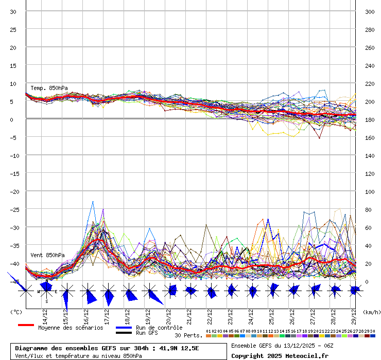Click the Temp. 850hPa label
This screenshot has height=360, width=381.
click(49, 88)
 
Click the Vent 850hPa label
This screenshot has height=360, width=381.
click(47, 255)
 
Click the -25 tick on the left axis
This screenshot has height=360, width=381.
click(13, 209)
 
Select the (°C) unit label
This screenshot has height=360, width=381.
click(16, 312)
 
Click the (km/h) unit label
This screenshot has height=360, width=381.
click(371, 312)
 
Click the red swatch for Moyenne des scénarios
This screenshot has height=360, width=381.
click(26, 325)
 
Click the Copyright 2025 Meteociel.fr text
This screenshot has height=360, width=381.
click(279, 355)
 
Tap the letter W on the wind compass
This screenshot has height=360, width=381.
click(39, 292)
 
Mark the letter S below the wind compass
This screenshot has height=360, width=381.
click(46, 301)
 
